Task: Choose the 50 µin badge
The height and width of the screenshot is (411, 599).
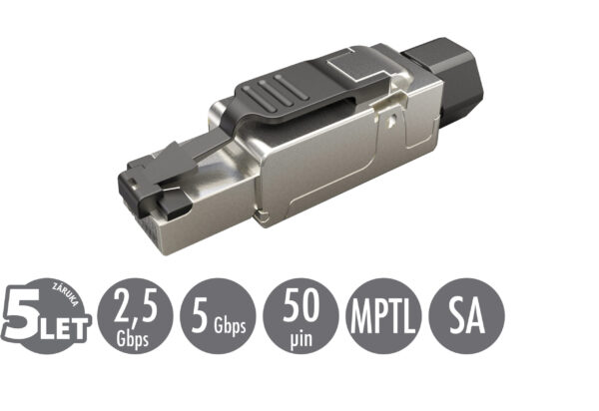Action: (x=301, y=318)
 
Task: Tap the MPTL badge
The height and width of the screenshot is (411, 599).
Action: (x=383, y=318)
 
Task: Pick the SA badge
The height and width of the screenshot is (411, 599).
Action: (x=466, y=318)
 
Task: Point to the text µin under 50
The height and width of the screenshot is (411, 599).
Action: (x=301, y=334)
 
